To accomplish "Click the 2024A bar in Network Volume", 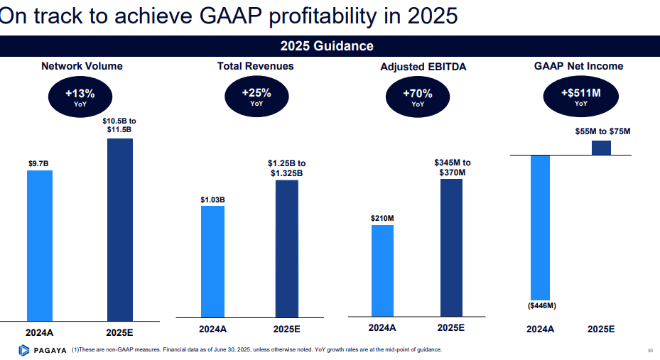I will [39, 245].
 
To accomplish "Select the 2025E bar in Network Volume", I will [120, 229].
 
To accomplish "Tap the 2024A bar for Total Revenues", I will [212, 261].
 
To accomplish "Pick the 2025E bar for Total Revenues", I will [287, 249].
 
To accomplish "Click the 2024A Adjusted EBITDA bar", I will [382, 270].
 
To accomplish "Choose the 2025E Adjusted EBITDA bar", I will [451, 247].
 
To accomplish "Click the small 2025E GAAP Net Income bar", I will [601, 148].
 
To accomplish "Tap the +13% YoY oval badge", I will [80, 97].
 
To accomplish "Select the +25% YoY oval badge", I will [256, 97].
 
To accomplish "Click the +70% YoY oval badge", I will [417, 97].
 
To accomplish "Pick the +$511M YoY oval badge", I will [580, 97].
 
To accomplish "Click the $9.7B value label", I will [38, 164].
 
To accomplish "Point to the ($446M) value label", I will [541, 306].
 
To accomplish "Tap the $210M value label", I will [382, 218].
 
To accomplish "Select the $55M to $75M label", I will [602, 131].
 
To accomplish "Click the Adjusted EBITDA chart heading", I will [418, 67].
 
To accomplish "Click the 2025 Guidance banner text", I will [327, 47].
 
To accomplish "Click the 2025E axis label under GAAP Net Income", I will [601, 329].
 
